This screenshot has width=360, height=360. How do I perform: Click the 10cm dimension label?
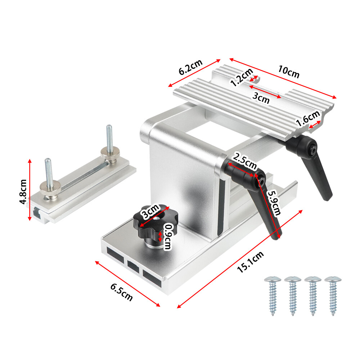click(288, 72)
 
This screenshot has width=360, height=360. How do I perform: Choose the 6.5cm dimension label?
click(122, 292)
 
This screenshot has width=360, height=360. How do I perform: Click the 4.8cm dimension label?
click(24, 192)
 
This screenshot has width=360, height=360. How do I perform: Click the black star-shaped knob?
click(151, 221)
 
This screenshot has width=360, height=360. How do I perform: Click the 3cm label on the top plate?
click(261, 98)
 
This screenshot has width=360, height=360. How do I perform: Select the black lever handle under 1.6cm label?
click(317, 169)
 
